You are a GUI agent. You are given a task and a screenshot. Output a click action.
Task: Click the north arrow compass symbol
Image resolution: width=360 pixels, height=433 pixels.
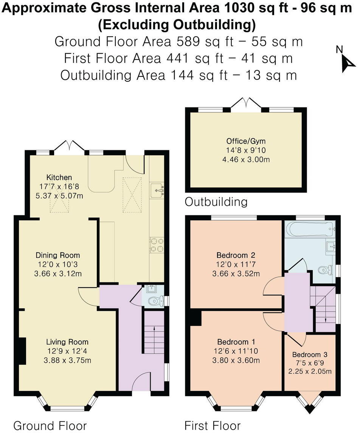pyautogui.click(x=345, y=61)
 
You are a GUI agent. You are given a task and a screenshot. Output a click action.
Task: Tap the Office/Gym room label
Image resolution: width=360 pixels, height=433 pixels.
pyautogui.click(x=246, y=142)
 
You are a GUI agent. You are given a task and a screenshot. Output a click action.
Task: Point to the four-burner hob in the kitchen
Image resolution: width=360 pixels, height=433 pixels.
pyautogui.click(x=157, y=245)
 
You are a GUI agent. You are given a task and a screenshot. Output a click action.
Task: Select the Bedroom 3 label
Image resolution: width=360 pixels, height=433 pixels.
pyautogui.click(x=310, y=355)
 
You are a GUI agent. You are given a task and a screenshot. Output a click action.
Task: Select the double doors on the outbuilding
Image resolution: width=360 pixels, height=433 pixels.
pyautogui.click(x=246, y=103)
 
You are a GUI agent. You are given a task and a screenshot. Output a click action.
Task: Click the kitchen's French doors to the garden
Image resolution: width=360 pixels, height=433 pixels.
pyautogui.click(x=69, y=146)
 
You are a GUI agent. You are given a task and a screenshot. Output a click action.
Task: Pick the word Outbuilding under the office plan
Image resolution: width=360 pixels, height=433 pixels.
pyautogui.click(x=216, y=202)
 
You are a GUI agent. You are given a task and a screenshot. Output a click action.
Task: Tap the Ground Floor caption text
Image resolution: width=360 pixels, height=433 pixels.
pyautogui.click(x=50, y=425)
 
